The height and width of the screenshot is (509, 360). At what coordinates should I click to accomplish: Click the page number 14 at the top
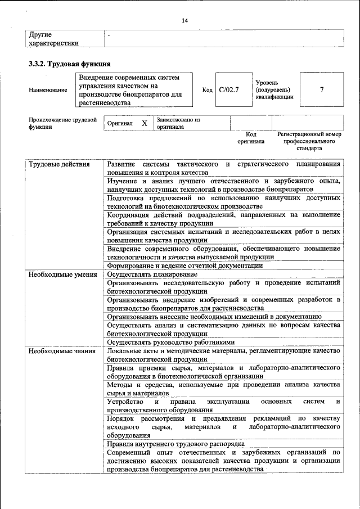(184, 21)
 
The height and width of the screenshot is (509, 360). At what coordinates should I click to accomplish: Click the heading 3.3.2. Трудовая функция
(69, 63)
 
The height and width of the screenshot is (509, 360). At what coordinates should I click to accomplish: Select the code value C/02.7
(229, 89)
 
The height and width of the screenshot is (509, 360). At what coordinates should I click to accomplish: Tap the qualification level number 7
(321, 89)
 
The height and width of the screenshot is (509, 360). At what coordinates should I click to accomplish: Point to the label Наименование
(48, 90)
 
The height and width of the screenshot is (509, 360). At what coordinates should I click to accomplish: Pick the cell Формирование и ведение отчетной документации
(185, 265)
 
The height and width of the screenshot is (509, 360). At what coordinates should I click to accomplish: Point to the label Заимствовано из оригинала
(178, 123)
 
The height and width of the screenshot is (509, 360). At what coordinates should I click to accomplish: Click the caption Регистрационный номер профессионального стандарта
(309, 142)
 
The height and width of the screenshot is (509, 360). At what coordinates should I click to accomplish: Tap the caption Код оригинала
(251, 138)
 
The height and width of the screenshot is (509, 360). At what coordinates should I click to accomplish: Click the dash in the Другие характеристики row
(109, 35)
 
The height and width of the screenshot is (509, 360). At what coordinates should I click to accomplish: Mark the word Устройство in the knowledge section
(125, 402)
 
